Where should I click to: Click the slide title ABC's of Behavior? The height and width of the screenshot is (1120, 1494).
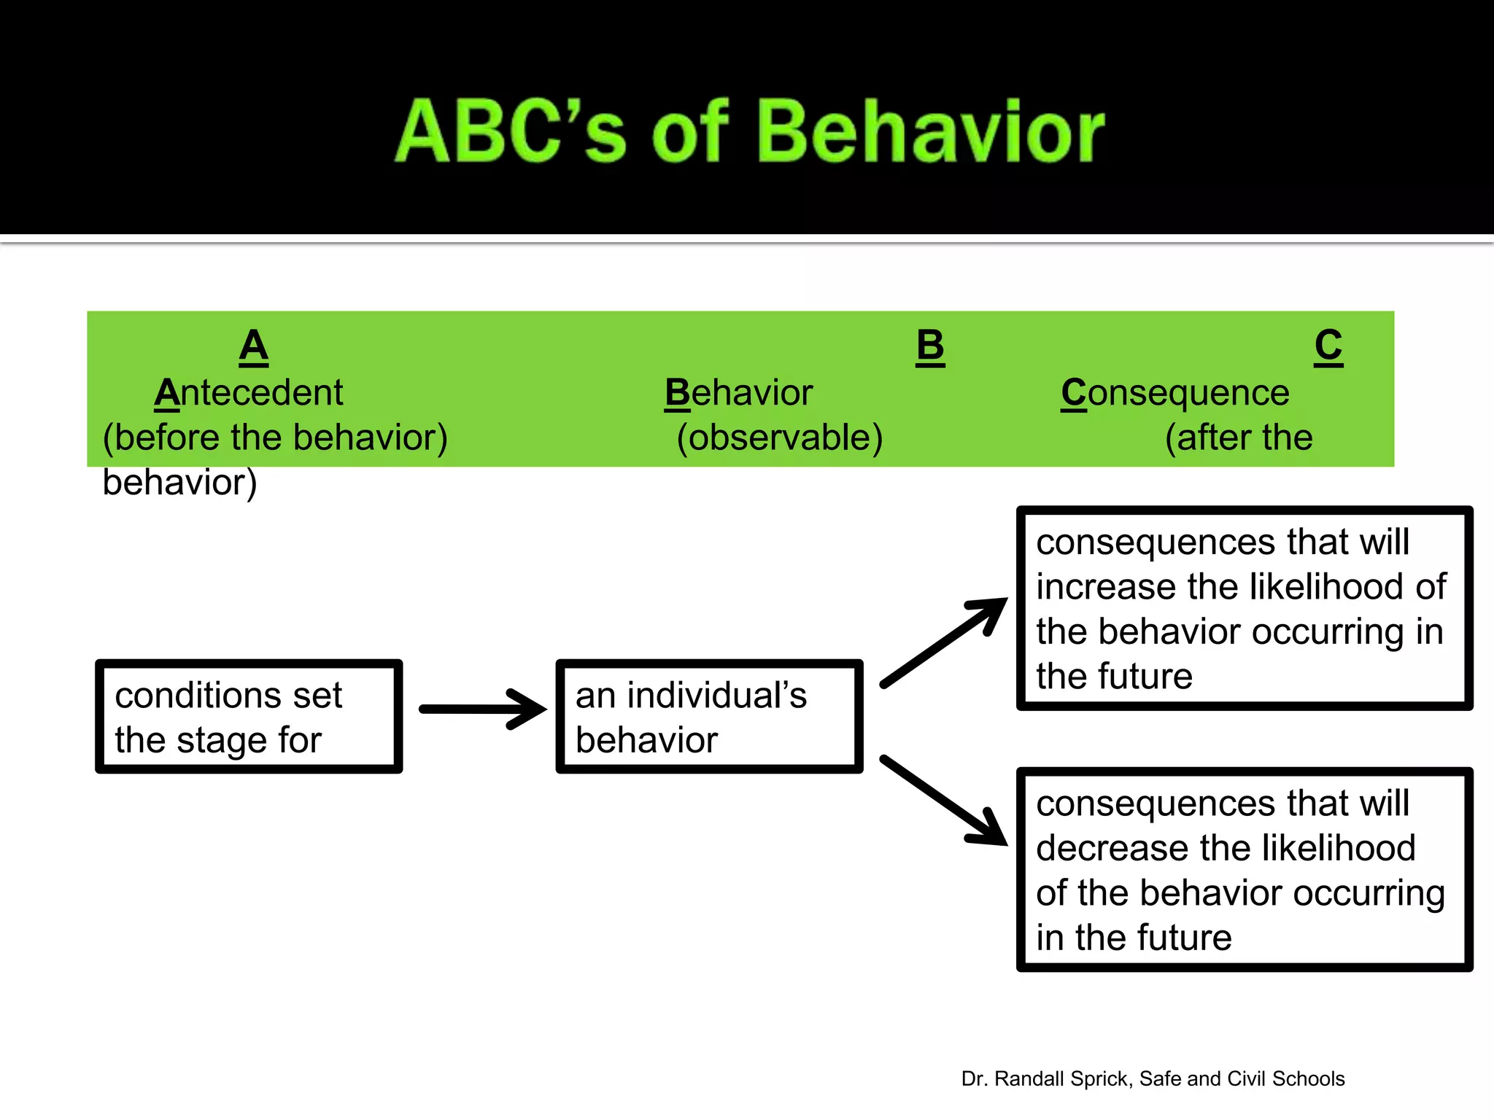click(x=749, y=131)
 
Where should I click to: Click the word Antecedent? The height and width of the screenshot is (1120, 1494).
click(x=249, y=393)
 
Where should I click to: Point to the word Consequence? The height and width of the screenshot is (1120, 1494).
click(x=1175, y=393)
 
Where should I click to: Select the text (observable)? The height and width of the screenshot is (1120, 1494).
click(x=779, y=437)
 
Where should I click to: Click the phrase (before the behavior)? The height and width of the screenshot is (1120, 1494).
click(x=275, y=437)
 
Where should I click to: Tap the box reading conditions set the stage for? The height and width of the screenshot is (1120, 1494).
click(x=249, y=717)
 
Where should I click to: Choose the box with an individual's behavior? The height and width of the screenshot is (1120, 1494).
click(x=709, y=717)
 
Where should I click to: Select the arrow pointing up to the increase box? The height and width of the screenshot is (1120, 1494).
click(x=945, y=642)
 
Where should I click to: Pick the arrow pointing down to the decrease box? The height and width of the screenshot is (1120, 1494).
click(x=945, y=801)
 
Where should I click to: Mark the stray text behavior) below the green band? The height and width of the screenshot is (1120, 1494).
click(x=179, y=483)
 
